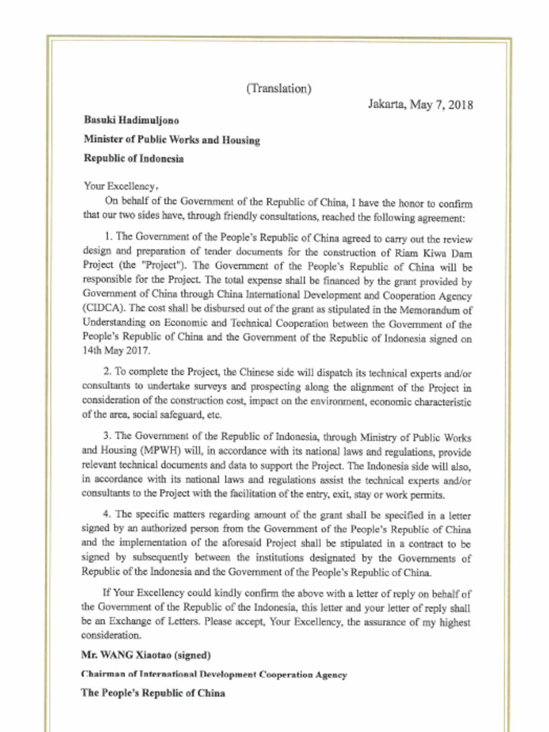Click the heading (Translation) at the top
(278, 89)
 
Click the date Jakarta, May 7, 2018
(420, 104)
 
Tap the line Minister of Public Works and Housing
(172, 140)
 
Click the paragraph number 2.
(107, 374)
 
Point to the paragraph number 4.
(107, 515)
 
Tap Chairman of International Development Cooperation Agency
(214, 674)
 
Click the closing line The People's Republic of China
(153, 693)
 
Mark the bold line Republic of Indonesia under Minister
(133, 159)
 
